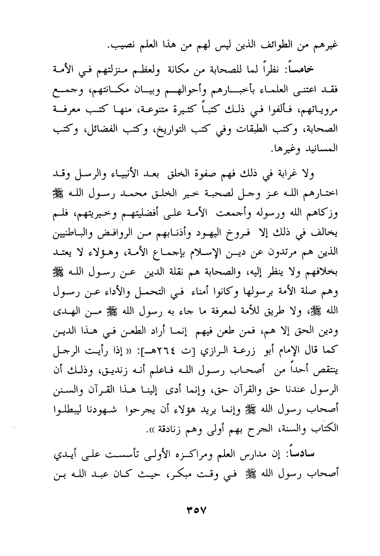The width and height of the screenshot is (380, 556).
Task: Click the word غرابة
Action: point(295,175)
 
